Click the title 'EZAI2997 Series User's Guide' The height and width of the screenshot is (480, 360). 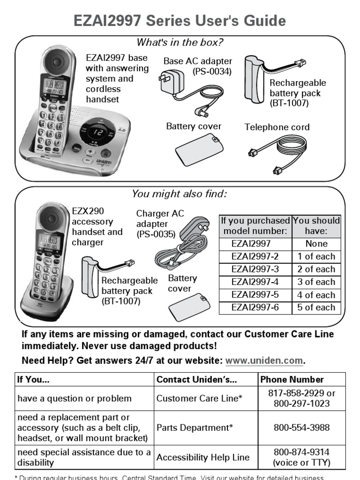tap(180, 21)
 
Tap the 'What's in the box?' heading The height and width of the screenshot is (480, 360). tap(180, 43)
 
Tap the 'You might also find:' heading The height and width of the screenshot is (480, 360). tap(180, 194)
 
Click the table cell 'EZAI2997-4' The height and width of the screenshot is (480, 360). tap(255, 282)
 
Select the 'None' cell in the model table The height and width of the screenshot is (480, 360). tap(316, 244)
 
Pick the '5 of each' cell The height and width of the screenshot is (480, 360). tap(316, 308)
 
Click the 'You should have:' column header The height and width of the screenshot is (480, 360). tap(316, 226)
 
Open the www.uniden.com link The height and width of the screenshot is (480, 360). tap(264, 361)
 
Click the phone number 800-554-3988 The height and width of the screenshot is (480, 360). tap(302, 427)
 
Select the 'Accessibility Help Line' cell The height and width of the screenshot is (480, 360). tap(203, 457)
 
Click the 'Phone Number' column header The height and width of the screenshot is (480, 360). tap(292, 380)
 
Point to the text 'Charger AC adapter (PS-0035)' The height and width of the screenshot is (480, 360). tap(160, 224)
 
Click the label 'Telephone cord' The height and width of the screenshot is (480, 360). tap(277, 127)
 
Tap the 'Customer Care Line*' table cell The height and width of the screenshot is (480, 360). tap(199, 398)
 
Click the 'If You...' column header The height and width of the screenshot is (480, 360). tap(33, 380)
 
